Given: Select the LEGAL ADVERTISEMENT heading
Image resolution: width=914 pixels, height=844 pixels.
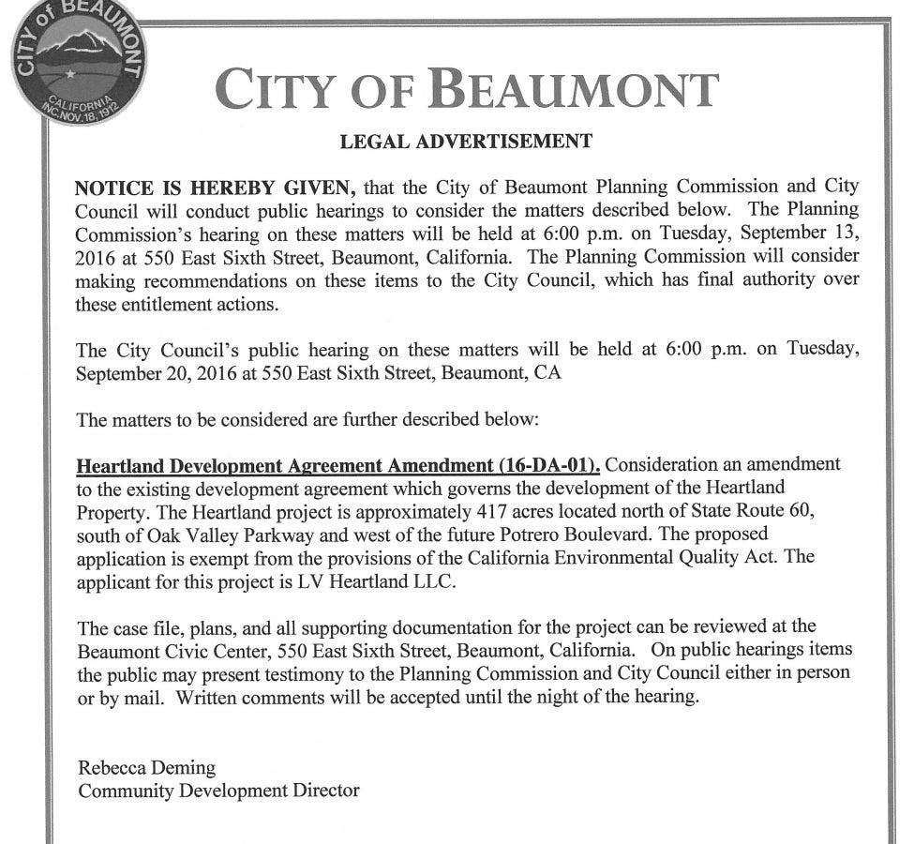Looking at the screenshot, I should tap(466, 142).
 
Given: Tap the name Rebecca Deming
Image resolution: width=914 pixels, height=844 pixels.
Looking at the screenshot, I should tap(146, 768).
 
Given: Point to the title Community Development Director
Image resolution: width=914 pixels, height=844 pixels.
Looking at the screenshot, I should tap(218, 791).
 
